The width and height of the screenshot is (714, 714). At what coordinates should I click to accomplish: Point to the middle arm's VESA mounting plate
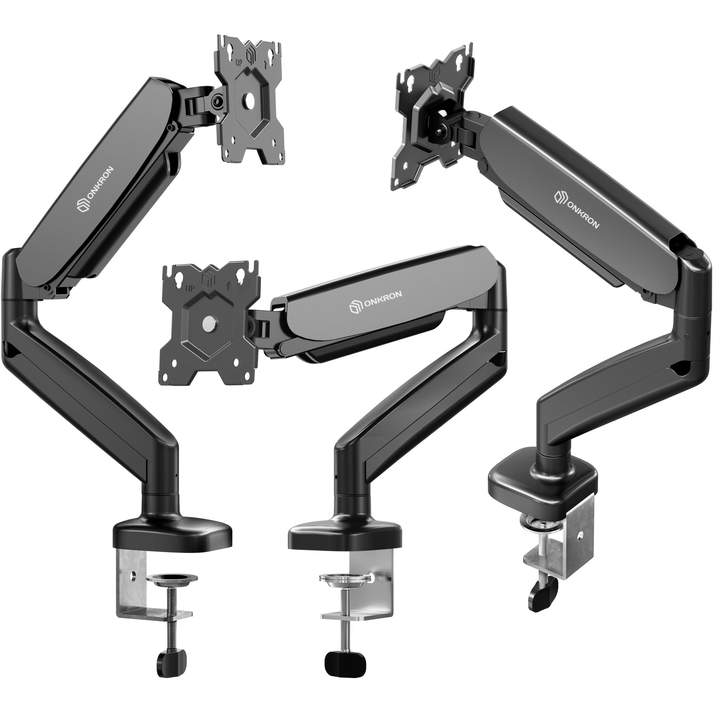click(x=208, y=321)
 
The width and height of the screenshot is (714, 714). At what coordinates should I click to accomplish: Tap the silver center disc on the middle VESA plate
click(x=208, y=322)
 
